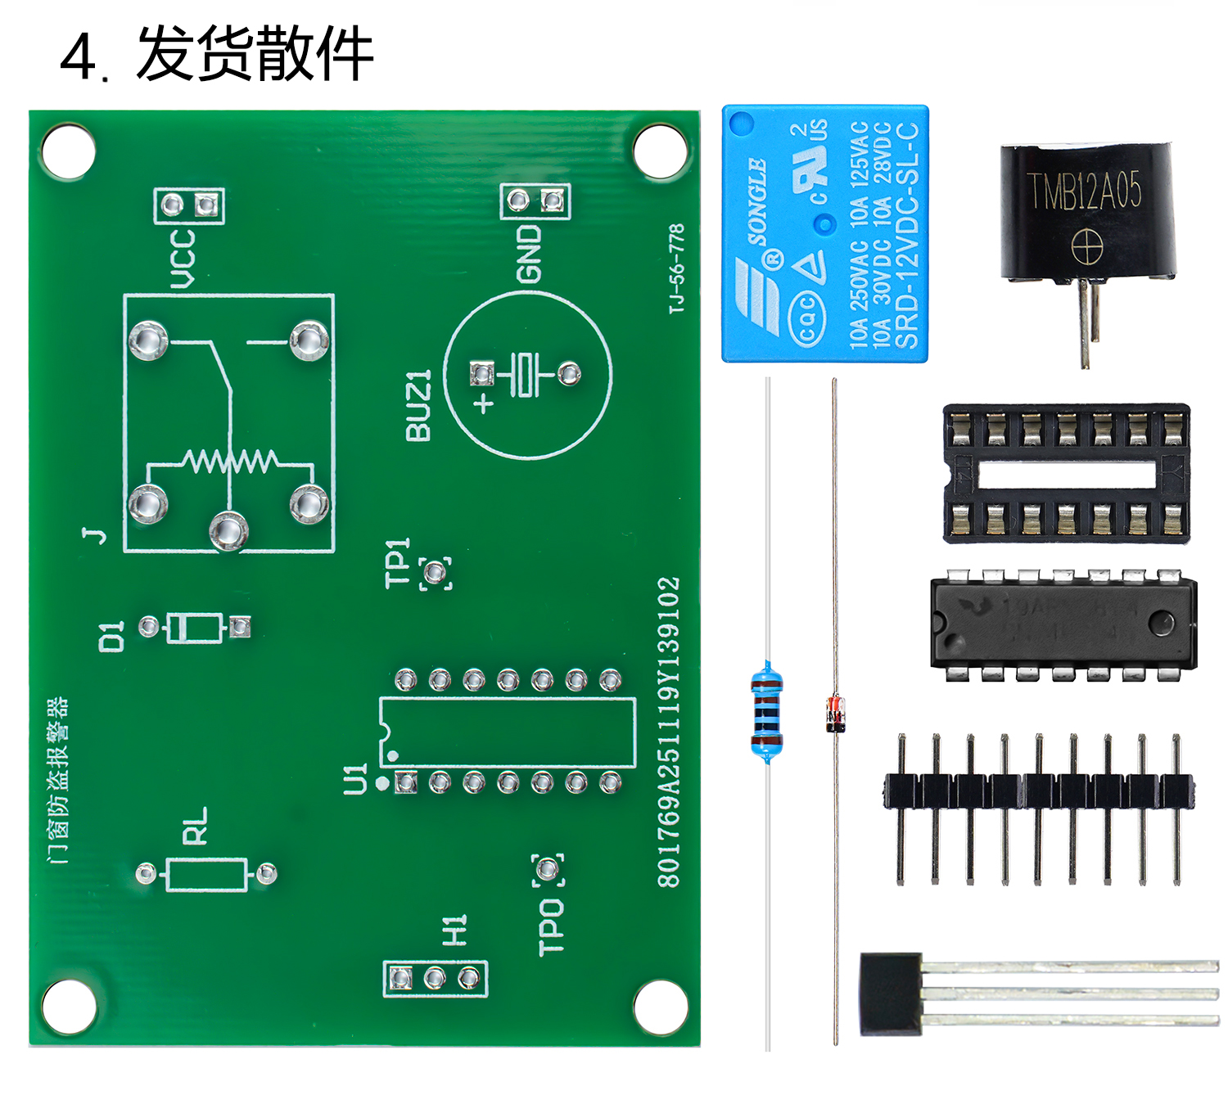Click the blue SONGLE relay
(824, 233)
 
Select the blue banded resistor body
(766, 710)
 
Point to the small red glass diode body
(834, 713)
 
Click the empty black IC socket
(1066, 473)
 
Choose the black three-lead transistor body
(890, 993)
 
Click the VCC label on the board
(183, 258)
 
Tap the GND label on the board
(530, 254)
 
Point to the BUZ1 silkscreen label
(418, 405)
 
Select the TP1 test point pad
(436, 573)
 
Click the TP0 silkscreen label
(551, 926)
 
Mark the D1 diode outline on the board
(195, 628)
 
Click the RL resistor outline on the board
(205, 874)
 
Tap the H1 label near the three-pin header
(454, 931)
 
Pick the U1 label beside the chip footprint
(355, 779)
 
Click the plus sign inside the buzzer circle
(485, 402)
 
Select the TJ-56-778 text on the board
(676, 268)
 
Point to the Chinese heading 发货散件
(255, 54)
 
